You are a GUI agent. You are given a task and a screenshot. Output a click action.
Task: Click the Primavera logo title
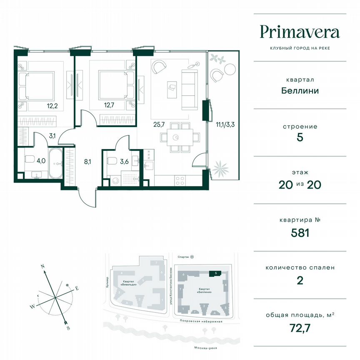(x=300, y=32)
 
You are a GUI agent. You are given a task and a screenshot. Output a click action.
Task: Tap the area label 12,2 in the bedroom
(x=52, y=105)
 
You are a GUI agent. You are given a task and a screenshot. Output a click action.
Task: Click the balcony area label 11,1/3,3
(x=224, y=124)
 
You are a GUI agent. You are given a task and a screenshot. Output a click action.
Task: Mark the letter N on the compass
(x=42, y=265)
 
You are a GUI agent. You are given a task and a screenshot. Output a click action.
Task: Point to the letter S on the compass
(x=68, y=328)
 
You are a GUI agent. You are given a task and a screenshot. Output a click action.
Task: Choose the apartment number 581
(x=300, y=233)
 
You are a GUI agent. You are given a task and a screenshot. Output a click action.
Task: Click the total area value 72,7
(x=300, y=328)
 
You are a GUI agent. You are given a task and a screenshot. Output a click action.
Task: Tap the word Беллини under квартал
(x=300, y=90)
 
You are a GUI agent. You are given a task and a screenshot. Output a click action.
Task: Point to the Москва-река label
(x=200, y=348)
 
